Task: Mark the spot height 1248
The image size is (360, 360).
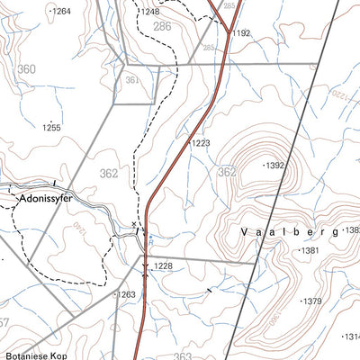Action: point(149,12)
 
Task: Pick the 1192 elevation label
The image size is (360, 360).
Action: point(240,32)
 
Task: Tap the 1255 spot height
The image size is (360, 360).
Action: point(51,128)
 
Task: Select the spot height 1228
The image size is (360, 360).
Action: point(162,265)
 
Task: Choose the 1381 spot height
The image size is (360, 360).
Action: point(310,250)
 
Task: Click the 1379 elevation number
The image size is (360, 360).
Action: point(310,301)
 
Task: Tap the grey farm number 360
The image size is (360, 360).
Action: point(27,69)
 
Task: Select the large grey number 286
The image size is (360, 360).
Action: point(162,28)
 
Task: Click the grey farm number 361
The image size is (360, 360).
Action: point(134,80)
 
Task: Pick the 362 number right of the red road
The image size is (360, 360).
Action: point(226,171)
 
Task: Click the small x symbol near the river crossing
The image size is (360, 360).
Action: point(135,223)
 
